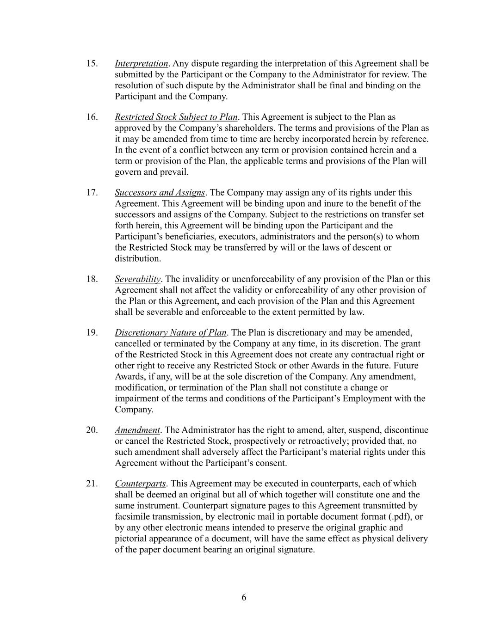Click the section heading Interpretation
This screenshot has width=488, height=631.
141,63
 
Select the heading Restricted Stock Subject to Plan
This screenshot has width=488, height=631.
176,117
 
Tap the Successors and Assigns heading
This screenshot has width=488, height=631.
160,192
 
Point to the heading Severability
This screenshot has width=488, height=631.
137,279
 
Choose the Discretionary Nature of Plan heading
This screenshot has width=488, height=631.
170,332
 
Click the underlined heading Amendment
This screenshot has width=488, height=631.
137,430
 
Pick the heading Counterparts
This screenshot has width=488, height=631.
140,484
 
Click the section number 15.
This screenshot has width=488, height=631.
92,63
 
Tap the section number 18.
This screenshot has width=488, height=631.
92,279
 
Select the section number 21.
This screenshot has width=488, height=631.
92,484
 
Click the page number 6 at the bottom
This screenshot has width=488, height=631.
244,597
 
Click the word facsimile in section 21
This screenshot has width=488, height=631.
135,516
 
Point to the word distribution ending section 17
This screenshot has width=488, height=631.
137,258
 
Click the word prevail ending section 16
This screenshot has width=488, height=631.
175,172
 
